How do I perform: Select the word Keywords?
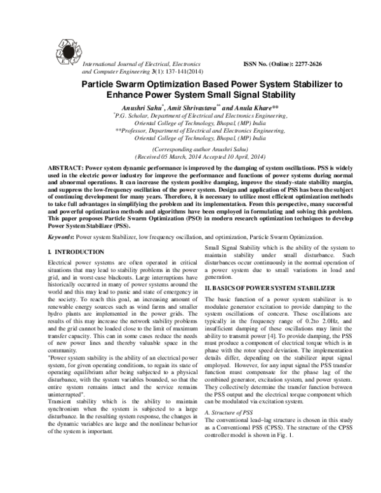click(62, 237)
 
